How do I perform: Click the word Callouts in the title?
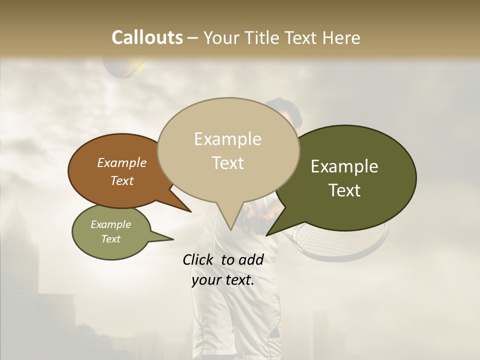tap(147, 37)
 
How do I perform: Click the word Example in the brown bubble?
tap(122, 163)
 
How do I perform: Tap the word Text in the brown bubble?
tap(122, 181)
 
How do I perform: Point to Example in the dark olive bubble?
tap(344, 166)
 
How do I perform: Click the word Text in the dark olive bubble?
tap(344, 190)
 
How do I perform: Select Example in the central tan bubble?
tap(227, 139)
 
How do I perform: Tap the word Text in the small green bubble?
tap(111, 239)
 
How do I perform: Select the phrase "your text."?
tap(222, 280)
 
